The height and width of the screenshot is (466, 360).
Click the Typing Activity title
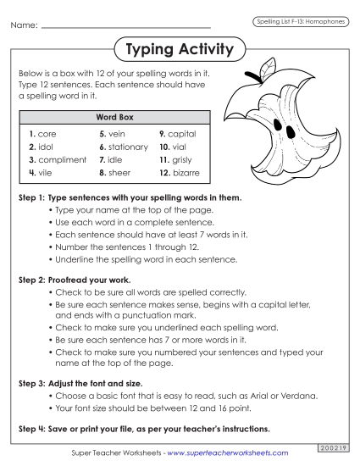179,50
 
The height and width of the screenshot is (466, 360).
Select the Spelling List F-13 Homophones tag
300,20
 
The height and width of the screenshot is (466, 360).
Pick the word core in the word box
47,134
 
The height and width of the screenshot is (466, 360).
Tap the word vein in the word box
117,134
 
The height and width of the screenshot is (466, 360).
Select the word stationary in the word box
128,147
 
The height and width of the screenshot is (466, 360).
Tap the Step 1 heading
130,197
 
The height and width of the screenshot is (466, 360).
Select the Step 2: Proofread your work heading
74,279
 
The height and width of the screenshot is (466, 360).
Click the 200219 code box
331,446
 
